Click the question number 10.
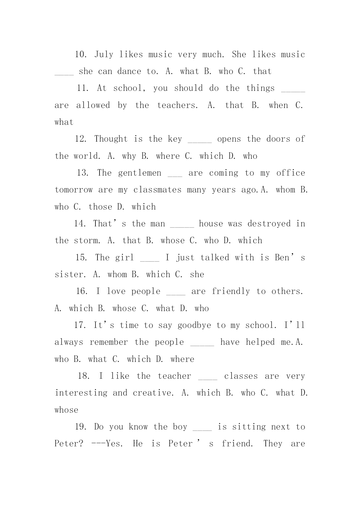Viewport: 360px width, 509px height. click(81, 55)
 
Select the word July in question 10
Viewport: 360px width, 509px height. click(104, 55)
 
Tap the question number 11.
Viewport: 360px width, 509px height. click(83, 88)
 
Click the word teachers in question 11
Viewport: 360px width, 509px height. click(178, 105)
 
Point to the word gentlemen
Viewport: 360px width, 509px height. click(140, 173)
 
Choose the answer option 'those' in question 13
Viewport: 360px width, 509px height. click(100, 207)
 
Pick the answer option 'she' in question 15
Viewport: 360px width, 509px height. click(197, 275)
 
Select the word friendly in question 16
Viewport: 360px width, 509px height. click(231, 291)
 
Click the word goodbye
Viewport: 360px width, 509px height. click(194, 325)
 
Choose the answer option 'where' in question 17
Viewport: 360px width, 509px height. click(182, 359)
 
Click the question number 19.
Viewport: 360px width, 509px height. click(81, 427)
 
